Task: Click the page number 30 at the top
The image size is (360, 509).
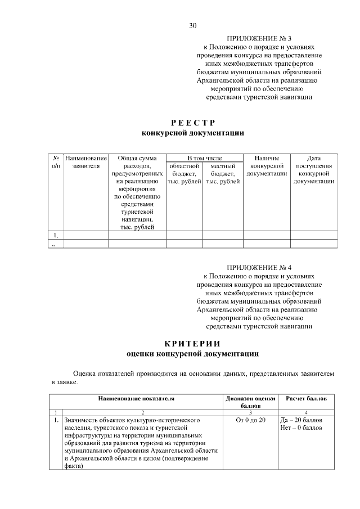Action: (193, 25)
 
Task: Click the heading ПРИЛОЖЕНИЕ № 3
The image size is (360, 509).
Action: (259, 38)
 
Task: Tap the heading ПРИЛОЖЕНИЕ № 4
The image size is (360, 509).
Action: (259, 267)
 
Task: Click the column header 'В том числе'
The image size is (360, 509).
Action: (204, 159)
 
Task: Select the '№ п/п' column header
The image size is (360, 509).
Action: (56, 163)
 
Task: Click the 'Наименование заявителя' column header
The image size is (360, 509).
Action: (85, 163)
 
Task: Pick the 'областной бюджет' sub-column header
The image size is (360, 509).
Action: (184, 174)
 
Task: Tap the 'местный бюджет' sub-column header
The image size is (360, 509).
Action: (223, 174)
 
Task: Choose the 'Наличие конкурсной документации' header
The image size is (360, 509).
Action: (267, 166)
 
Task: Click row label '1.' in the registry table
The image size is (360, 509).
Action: (56, 235)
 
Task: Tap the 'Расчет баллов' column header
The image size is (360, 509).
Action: (306, 399)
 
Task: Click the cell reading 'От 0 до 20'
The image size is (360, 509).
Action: (250, 420)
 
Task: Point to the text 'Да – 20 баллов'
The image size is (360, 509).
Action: (301, 420)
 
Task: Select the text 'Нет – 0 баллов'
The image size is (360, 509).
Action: (301, 428)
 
